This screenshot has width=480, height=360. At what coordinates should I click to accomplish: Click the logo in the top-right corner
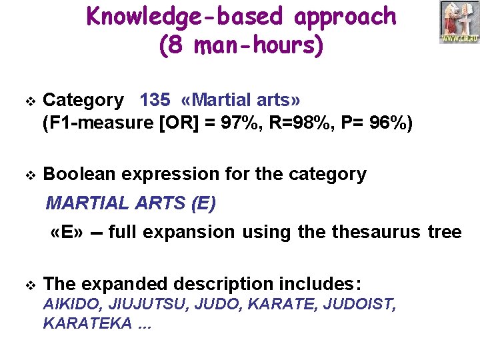[459, 23]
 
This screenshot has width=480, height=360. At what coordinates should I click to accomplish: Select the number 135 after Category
[155, 100]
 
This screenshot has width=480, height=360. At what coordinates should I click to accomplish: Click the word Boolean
[79, 175]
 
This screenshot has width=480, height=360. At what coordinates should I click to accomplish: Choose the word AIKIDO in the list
[67, 305]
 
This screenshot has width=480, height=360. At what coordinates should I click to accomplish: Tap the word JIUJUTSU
[134, 305]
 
